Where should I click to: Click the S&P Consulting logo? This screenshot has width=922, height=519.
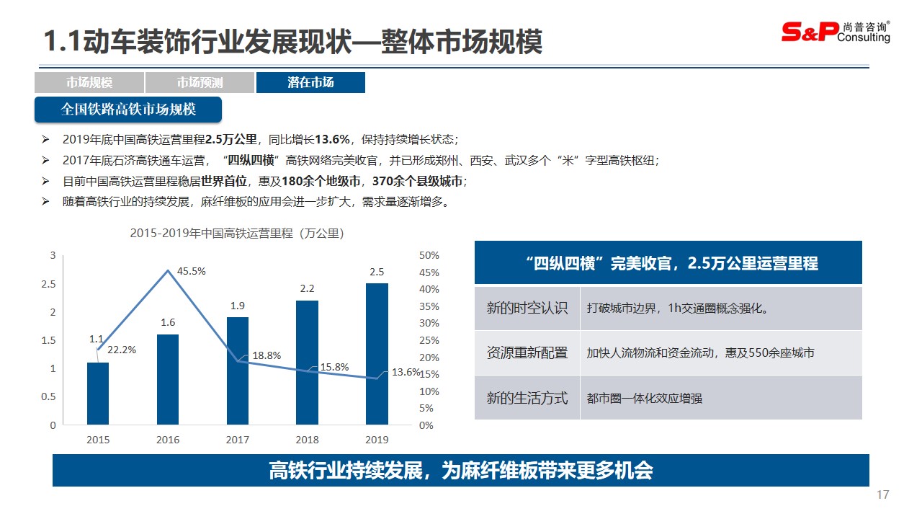[x=836, y=32]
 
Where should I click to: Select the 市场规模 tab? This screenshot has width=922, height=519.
[x=89, y=82]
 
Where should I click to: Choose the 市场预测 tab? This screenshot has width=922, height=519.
[x=200, y=82]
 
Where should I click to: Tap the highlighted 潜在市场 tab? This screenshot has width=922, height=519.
[x=310, y=82]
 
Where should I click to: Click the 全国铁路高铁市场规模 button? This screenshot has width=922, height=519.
[x=128, y=110]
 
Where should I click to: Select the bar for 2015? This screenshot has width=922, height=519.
[x=98, y=393]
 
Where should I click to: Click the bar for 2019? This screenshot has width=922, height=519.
[x=377, y=353]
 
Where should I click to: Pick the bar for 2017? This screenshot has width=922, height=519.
[x=238, y=371]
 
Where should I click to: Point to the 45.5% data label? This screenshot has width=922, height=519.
[x=192, y=272]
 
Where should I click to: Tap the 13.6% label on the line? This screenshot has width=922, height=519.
[x=406, y=372]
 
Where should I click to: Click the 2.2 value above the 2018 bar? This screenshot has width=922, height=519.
[x=307, y=288]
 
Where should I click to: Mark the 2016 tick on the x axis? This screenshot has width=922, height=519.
[x=168, y=440]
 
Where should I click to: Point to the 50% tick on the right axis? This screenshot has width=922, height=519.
[x=429, y=255]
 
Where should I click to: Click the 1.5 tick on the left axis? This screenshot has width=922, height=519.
[x=48, y=340]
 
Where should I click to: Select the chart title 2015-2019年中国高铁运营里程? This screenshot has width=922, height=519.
[x=236, y=234]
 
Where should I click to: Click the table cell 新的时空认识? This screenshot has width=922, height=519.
[x=527, y=309]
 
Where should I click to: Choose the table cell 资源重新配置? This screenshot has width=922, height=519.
[x=527, y=353]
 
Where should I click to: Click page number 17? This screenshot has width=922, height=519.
[x=883, y=495]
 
